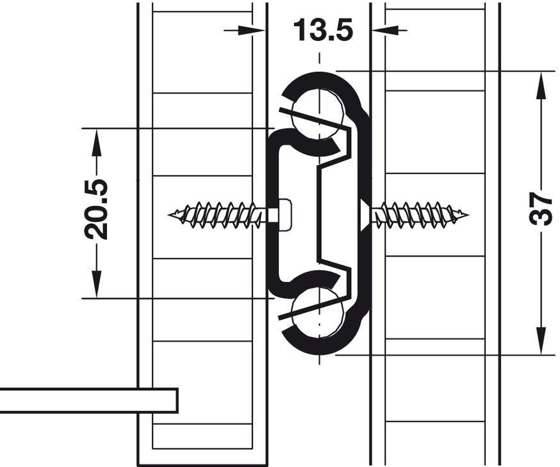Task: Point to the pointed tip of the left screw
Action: [169, 215]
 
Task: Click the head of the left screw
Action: [284, 216]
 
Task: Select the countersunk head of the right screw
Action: [365, 215]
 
